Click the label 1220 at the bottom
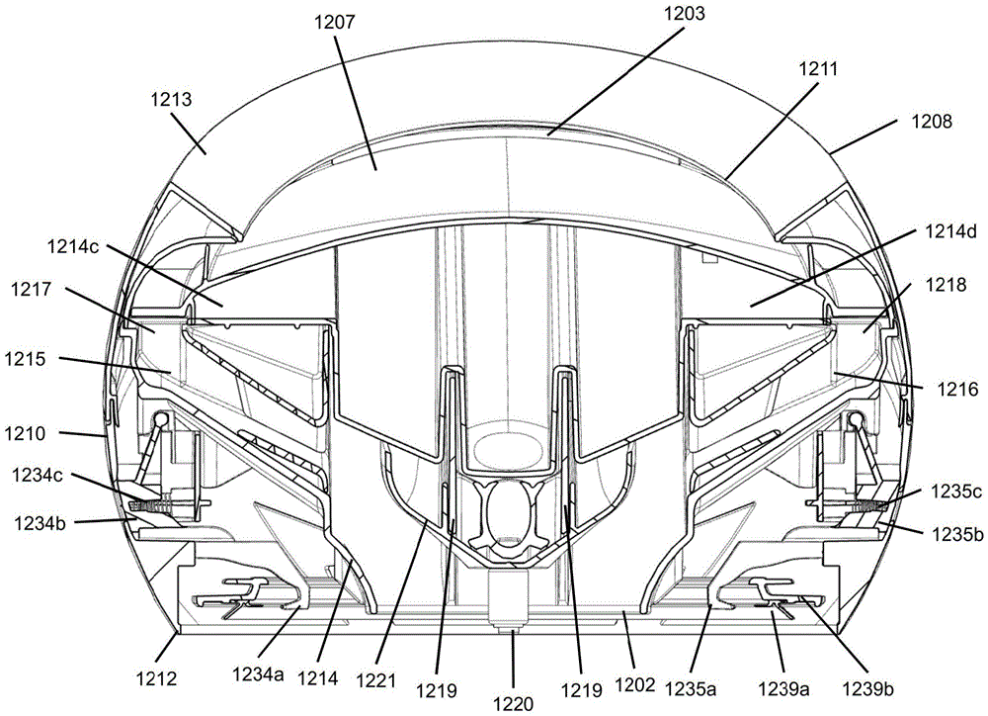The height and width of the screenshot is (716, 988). [x=514, y=703]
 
